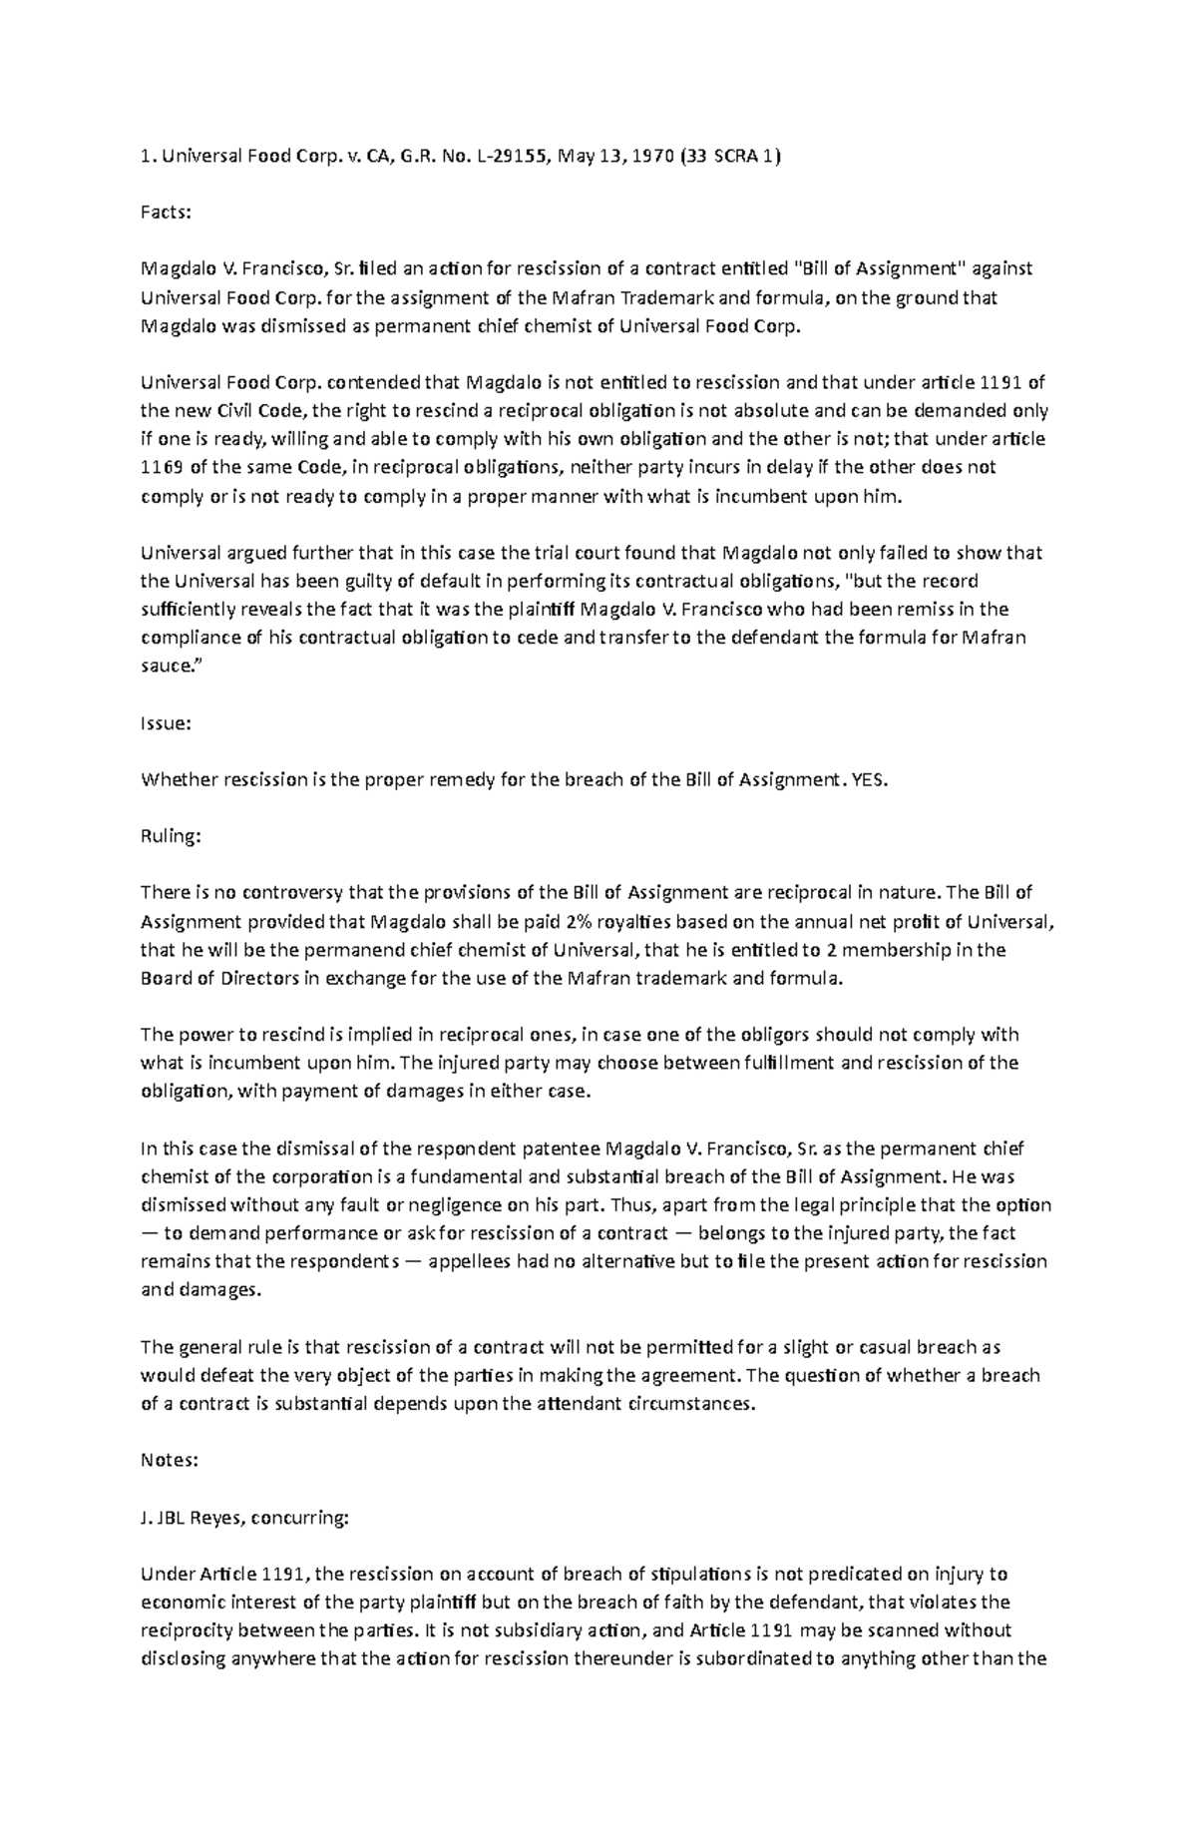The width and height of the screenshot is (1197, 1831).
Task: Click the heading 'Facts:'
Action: (x=166, y=213)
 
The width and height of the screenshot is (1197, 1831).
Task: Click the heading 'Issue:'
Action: (x=165, y=724)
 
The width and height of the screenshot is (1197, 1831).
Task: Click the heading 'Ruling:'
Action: (x=171, y=836)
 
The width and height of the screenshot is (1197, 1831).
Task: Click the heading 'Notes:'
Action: (x=170, y=1460)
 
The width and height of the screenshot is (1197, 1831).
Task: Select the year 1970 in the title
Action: (x=653, y=156)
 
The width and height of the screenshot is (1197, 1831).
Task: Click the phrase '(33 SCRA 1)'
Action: (x=727, y=156)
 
